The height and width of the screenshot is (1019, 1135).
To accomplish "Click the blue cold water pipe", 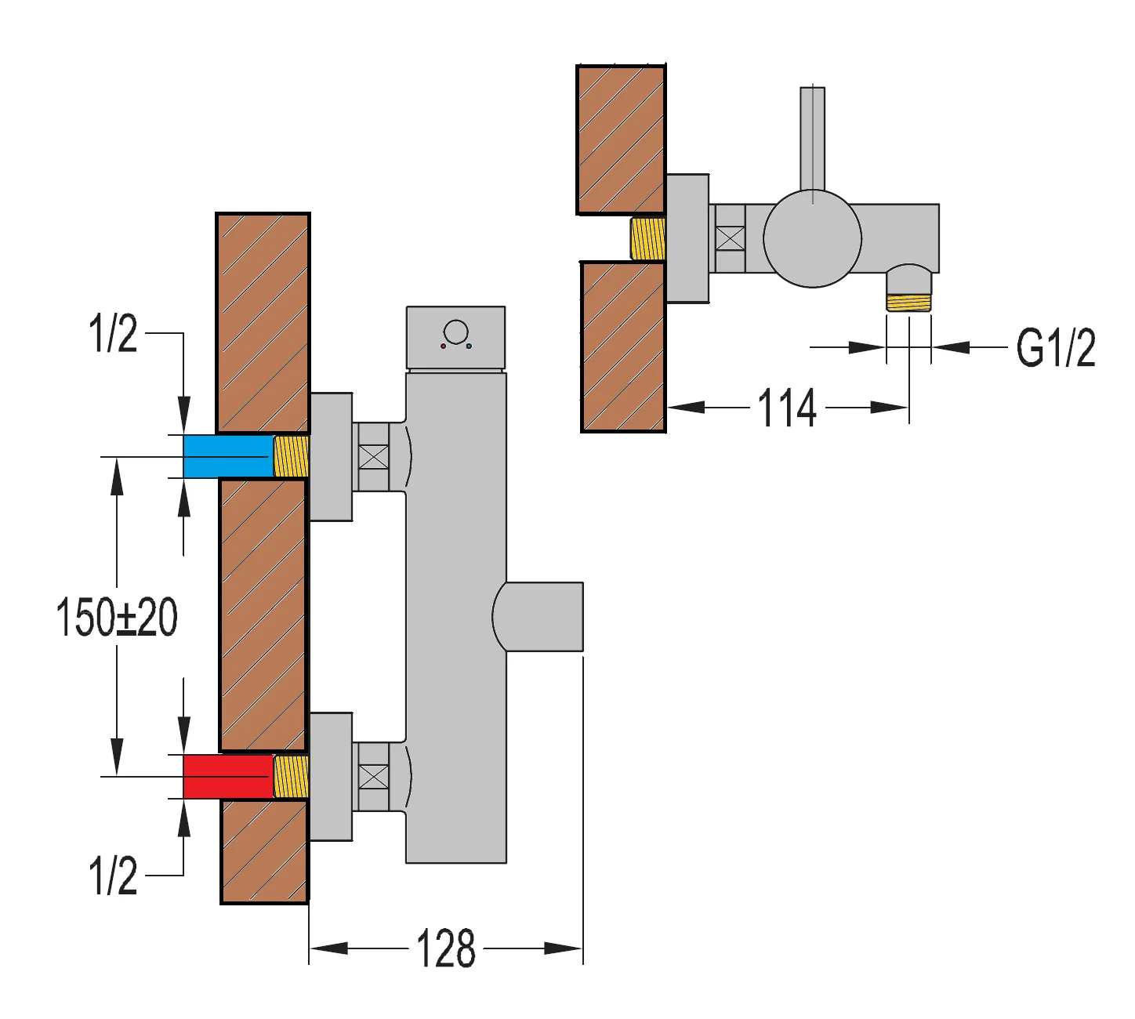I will (x=227, y=456).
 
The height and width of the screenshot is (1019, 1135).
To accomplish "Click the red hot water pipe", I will (x=227, y=776).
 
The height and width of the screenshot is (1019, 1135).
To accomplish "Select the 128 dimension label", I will (x=445, y=949).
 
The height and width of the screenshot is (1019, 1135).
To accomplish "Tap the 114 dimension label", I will (x=787, y=408).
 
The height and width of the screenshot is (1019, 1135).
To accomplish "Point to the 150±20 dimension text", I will (x=117, y=617).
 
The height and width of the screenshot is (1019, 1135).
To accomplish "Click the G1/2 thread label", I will (x=1055, y=347).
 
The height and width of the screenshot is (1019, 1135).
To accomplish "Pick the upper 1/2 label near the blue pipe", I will (x=113, y=333).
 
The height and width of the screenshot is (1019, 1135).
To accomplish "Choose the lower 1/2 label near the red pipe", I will (x=113, y=875).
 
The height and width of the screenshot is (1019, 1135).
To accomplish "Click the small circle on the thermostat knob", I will (x=455, y=332).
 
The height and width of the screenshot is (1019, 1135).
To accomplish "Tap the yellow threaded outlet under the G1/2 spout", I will (x=908, y=302).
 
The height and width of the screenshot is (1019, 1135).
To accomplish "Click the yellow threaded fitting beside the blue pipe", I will (x=291, y=456).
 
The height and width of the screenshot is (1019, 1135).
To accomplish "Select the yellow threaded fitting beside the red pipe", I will (x=291, y=776).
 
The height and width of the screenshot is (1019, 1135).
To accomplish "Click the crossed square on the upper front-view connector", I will (x=373, y=457).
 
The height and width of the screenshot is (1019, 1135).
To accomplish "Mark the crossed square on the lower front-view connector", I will (x=373, y=777).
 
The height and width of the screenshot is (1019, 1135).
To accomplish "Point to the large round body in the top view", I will (x=812, y=238).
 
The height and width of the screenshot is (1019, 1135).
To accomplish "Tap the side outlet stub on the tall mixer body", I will (x=541, y=617).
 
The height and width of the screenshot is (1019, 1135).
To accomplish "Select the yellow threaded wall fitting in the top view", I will (x=648, y=239).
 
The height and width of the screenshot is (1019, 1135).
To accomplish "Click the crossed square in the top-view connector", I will (x=730, y=238).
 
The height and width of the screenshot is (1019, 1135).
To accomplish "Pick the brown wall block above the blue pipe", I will (x=263, y=322).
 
